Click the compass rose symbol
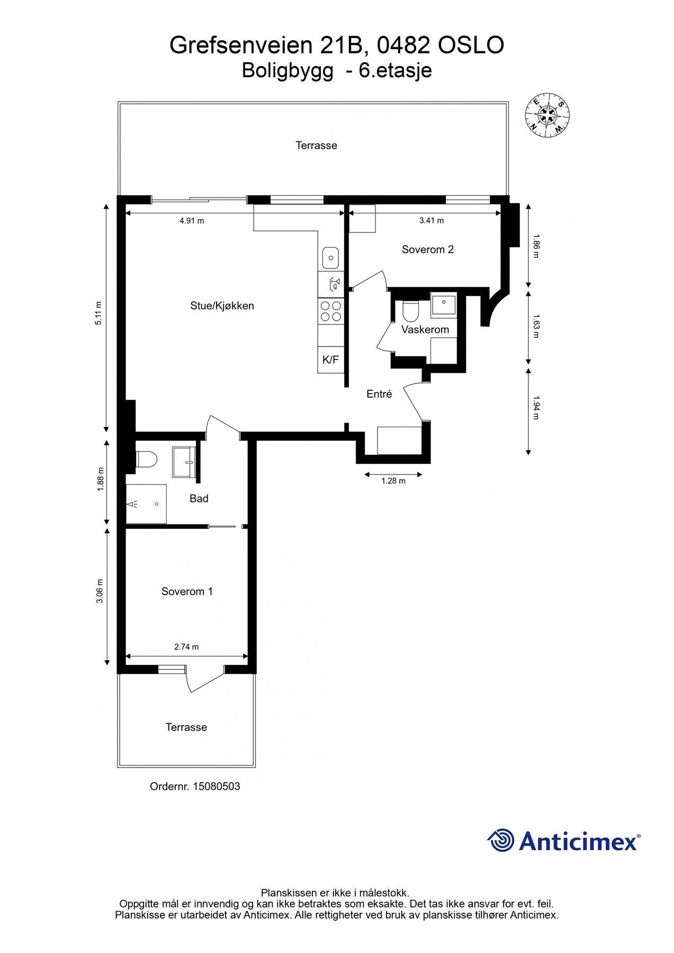tap(547, 115)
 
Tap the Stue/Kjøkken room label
tap(222, 305)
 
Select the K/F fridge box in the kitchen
tap(330, 360)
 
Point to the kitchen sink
tap(331, 258)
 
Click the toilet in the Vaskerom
tap(410, 311)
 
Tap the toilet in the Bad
tap(146, 458)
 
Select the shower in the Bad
tap(146, 504)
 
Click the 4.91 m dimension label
tap(192, 221)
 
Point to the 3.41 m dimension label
tap(431, 220)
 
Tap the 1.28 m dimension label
tap(393, 481)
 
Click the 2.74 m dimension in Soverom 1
tap(186, 646)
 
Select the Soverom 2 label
tap(427, 249)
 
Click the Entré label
tap(379, 394)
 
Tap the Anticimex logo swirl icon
tap(500, 840)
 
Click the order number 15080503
tap(216, 786)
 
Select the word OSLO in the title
tap(471, 46)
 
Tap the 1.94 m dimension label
tap(535, 408)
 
